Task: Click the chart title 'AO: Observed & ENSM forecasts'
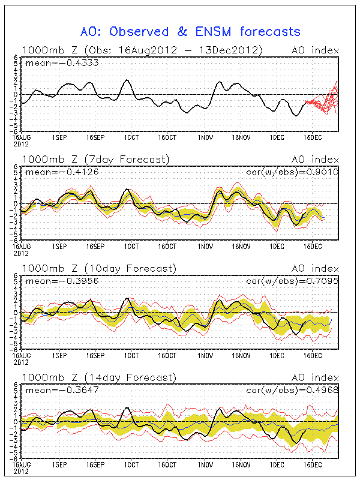pyautogui.click(x=190, y=31)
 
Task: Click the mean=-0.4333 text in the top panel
pyautogui.click(x=52, y=62)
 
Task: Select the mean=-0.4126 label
pyautogui.click(x=52, y=172)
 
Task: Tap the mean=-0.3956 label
pyautogui.click(x=52, y=280)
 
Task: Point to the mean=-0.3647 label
pyautogui.click(x=52, y=390)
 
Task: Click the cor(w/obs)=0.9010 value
pyautogui.click(x=292, y=172)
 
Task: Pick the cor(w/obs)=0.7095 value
pyautogui.click(x=292, y=280)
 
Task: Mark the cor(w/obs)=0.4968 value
pyautogui.click(x=292, y=390)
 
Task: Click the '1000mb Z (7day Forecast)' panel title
pyautogui.click(x=95, y=159)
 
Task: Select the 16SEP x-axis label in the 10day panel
pyautogui.click(x=94, y=355)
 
